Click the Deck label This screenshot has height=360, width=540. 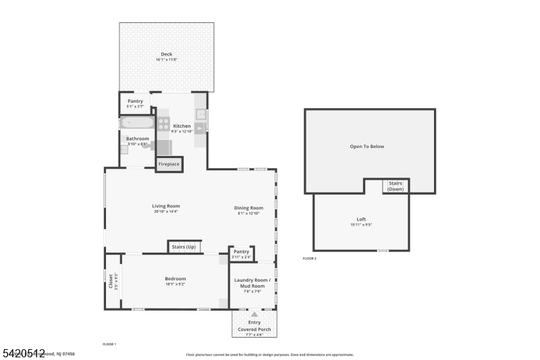166,55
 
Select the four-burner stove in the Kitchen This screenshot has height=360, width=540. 163,123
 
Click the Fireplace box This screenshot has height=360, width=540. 169,164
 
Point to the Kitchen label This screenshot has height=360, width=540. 182,126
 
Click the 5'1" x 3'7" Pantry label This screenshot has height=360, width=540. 135,101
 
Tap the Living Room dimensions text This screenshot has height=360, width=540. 165,211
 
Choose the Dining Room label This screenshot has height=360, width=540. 248,208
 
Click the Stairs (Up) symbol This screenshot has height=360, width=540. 184,247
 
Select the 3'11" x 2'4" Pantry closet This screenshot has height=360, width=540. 241,253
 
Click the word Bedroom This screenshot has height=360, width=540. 175,279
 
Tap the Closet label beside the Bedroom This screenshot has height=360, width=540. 111,280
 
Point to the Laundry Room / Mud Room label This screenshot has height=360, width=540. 252,282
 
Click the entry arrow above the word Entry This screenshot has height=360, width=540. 254,314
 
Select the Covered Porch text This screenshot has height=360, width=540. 254,330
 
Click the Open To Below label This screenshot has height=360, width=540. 367,147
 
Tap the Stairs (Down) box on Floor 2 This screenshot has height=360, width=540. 396,186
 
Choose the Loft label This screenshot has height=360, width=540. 361,220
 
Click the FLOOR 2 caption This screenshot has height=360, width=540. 309,259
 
